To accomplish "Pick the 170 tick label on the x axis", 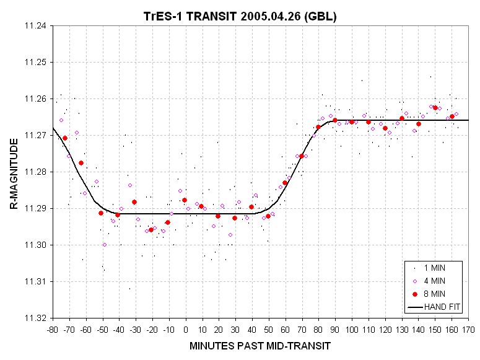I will (468, 329).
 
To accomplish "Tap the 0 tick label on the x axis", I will (186, 329).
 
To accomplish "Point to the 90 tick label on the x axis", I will (335, 329).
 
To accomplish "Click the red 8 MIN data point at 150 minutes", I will (435, 108).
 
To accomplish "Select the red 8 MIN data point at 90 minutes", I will (335, 120).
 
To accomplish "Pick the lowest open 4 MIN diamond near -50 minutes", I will (105, 245).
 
